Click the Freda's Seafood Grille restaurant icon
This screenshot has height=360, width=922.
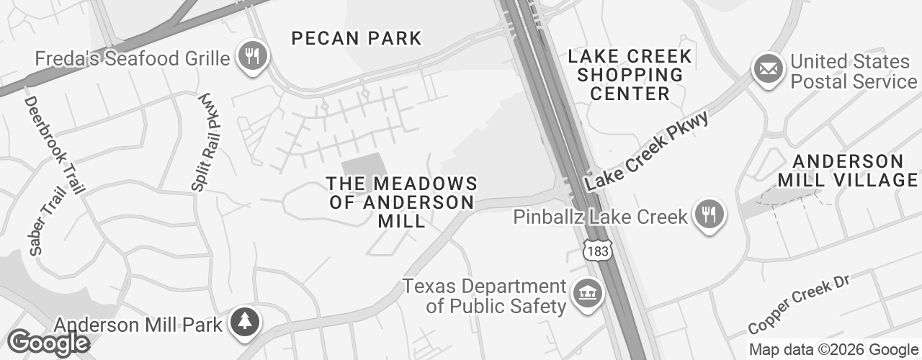251,56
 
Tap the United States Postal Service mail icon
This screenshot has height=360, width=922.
769,69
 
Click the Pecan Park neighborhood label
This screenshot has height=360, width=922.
356,38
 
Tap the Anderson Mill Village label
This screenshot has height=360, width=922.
848,170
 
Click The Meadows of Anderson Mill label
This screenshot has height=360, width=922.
402,202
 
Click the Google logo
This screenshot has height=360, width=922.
48,343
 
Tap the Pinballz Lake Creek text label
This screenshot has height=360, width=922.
600,216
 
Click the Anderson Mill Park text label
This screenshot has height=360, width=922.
138,325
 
